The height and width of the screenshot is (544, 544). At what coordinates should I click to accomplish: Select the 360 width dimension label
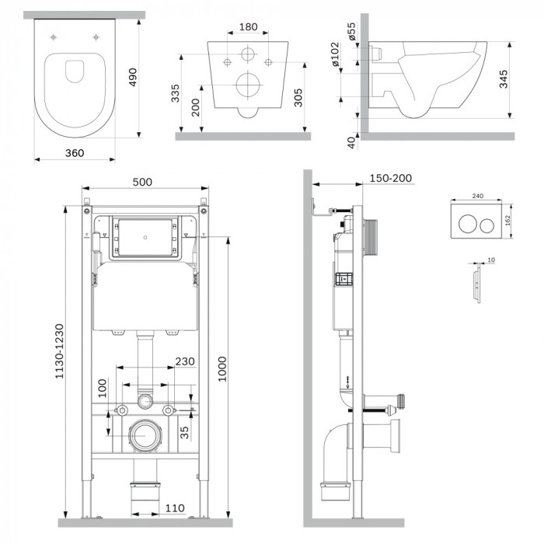pyautogui.click(x=75, y=153)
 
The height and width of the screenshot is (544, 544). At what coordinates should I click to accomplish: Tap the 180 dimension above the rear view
pyautogui.click(x=247, y=27)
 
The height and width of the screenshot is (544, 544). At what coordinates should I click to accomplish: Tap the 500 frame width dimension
pyautogui.click(x=142, y=182)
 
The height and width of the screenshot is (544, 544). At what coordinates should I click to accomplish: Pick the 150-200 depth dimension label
pyautogui.click(x=392, y=179)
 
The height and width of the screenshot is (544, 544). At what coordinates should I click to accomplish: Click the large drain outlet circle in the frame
pyautogui.click(x=143, y=434)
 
